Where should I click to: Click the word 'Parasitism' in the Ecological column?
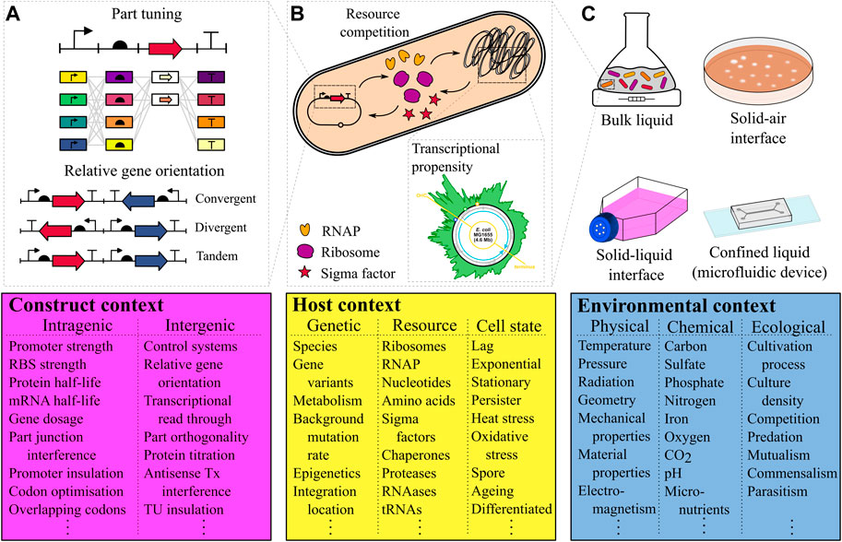789,489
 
